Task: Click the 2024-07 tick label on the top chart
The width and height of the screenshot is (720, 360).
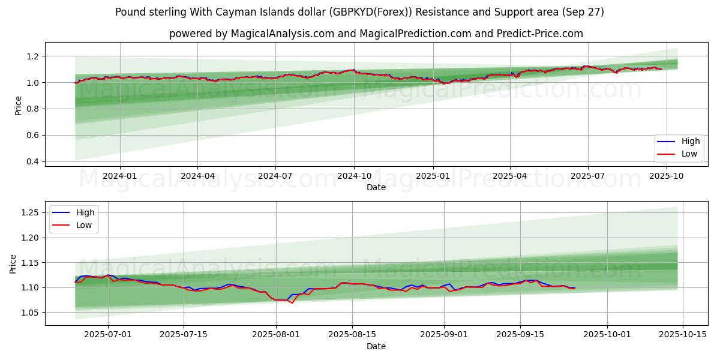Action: pyautogui.click(x=275, y=175)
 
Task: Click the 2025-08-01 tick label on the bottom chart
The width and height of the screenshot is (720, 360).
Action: pyautogui.click(x=276, y=335)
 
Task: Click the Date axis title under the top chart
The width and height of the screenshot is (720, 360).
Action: pyautogui.click(x=376, y=187)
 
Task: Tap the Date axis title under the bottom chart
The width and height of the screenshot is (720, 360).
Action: pyautogui.click(x=376, y=346)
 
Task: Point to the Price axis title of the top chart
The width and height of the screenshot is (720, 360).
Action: pyautogui.click(x=17, y=105)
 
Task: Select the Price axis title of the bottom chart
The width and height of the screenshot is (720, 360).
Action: pyautogui.click(x=13, y=263)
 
